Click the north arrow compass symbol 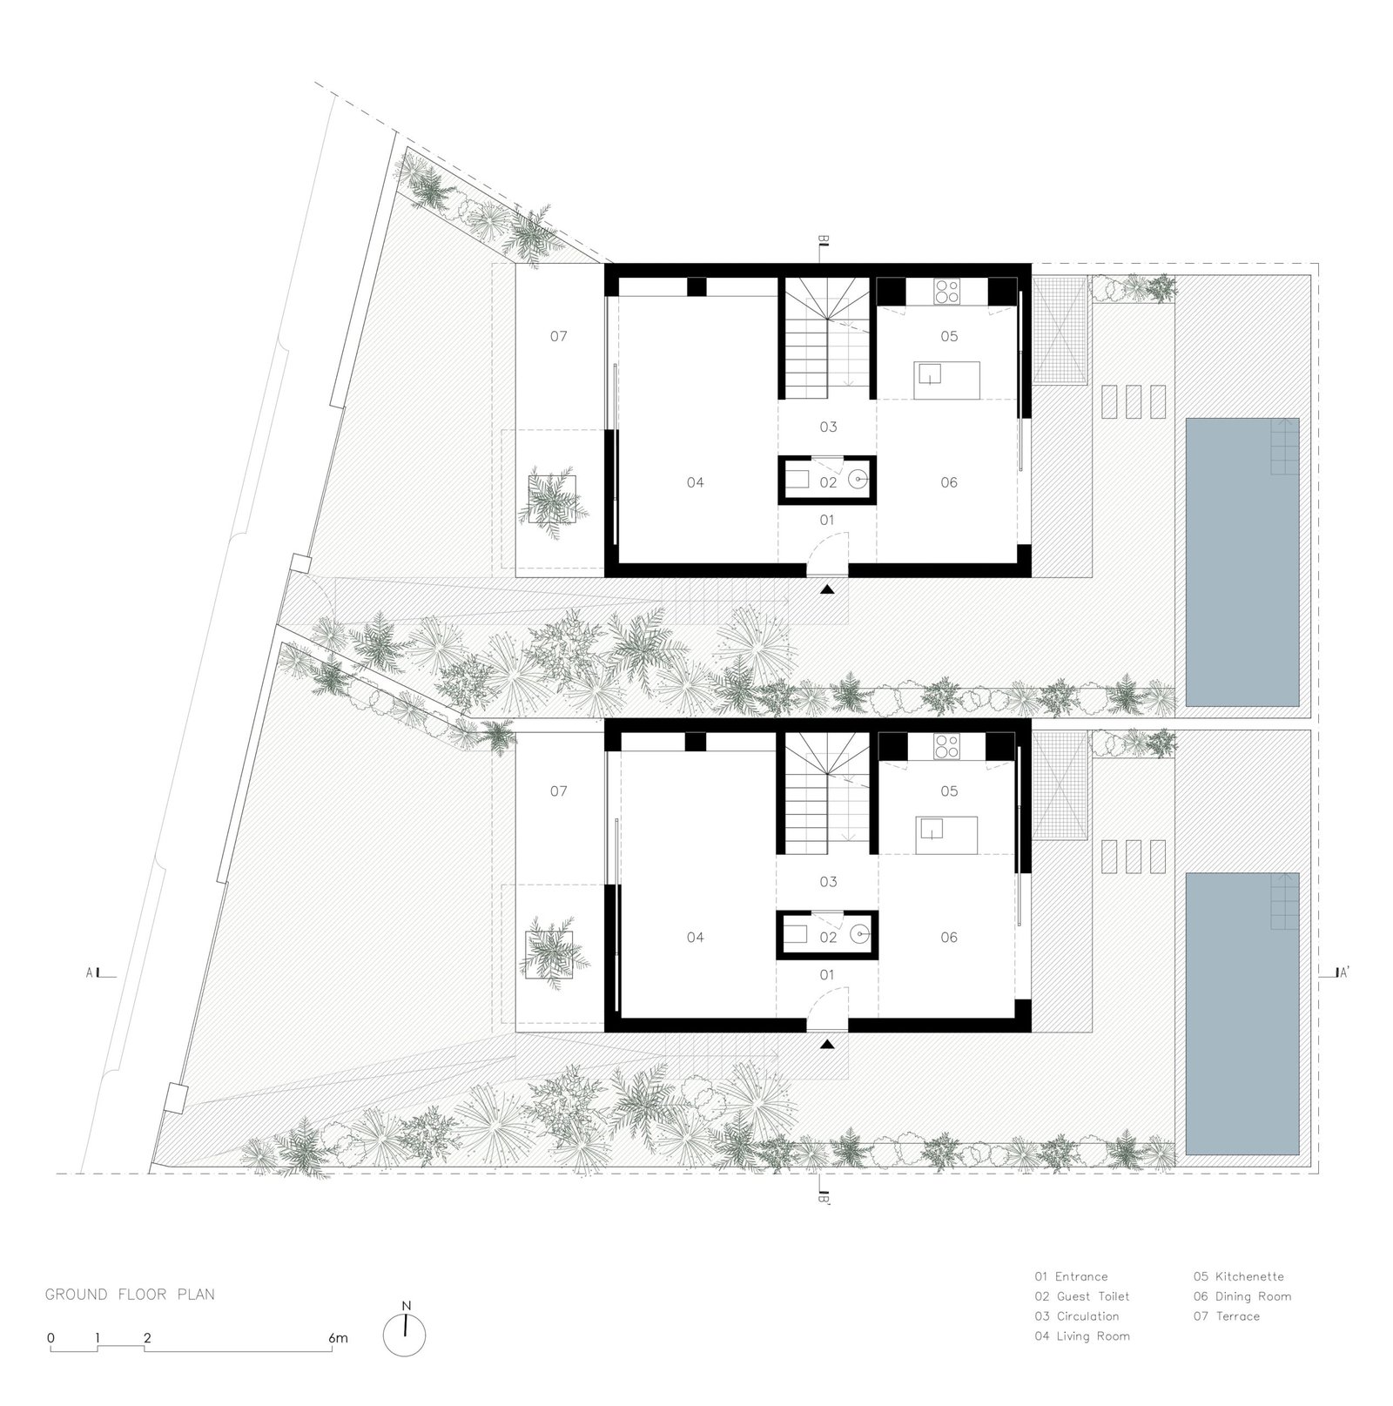click(406, 1334)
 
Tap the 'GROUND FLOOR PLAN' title click(130, 1295)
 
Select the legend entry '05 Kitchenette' click(1238, 1276)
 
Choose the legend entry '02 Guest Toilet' click(1082, 1296)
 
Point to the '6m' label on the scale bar click(339, 1338)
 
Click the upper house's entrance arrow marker click(827, 589)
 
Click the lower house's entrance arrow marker click(827, 1043)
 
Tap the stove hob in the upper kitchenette click(946, 291)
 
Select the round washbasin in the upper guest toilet click(859, 479)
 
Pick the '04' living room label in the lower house click(695, 937)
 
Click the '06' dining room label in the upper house click(949, 482)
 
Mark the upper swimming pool click(1242, 562)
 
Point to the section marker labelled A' click(1339, 974)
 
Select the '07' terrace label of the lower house click(559, 790)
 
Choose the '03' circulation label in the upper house click(828, 427)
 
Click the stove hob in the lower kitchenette click(946, 746)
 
